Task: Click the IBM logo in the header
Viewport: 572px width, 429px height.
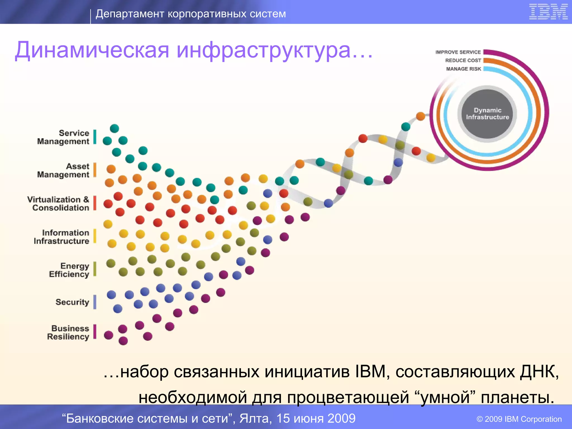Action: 548,12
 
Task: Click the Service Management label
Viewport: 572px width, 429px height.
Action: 63,137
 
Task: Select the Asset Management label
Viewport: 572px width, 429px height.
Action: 63,170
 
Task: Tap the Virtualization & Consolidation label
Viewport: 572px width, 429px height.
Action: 58,204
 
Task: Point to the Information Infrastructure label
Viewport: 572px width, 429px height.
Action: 62,237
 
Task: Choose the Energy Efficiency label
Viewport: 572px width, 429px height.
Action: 69,270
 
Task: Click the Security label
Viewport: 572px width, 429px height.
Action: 72,302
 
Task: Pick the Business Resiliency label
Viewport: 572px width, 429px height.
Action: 68,332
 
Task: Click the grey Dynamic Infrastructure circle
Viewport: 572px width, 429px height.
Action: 487,114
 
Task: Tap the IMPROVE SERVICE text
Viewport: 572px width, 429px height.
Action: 458,52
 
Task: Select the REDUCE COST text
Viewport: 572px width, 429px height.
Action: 463,60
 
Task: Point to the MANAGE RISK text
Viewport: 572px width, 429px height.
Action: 464,69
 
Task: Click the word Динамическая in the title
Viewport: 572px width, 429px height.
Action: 92,50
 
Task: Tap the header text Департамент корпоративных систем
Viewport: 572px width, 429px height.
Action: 191,14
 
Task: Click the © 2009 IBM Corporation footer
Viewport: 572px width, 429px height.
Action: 519,419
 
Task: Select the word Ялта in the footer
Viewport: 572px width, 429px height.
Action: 255,418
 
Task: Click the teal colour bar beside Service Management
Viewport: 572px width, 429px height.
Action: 95,137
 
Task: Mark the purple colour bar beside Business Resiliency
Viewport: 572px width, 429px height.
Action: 95,332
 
